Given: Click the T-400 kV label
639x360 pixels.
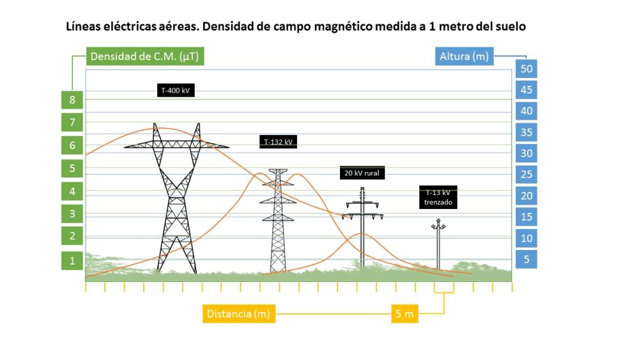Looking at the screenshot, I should point(176,91).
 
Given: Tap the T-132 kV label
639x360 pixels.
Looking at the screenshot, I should point(279,142).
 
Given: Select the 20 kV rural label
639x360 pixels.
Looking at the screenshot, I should point(363,173).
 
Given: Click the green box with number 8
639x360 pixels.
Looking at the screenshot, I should point(72,100).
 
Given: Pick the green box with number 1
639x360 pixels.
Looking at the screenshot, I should point(72,260).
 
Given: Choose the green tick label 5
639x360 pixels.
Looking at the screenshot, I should point(72,169).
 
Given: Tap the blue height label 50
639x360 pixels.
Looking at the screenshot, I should point(527,68).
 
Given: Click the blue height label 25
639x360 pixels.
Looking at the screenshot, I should point(527,175).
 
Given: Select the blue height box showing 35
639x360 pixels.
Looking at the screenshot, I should point(527,132).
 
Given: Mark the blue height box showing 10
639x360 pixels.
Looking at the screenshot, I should point(527,239).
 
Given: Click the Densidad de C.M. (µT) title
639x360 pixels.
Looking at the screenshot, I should point(144,56).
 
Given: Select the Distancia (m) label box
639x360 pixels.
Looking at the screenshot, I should point(238,314).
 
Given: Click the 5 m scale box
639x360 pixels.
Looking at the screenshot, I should point(404,314).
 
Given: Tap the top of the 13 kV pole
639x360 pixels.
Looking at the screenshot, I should point(438,221).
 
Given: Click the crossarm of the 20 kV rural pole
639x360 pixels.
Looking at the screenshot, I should point(362,205).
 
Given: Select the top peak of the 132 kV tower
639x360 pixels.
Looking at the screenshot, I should point(278,171).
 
